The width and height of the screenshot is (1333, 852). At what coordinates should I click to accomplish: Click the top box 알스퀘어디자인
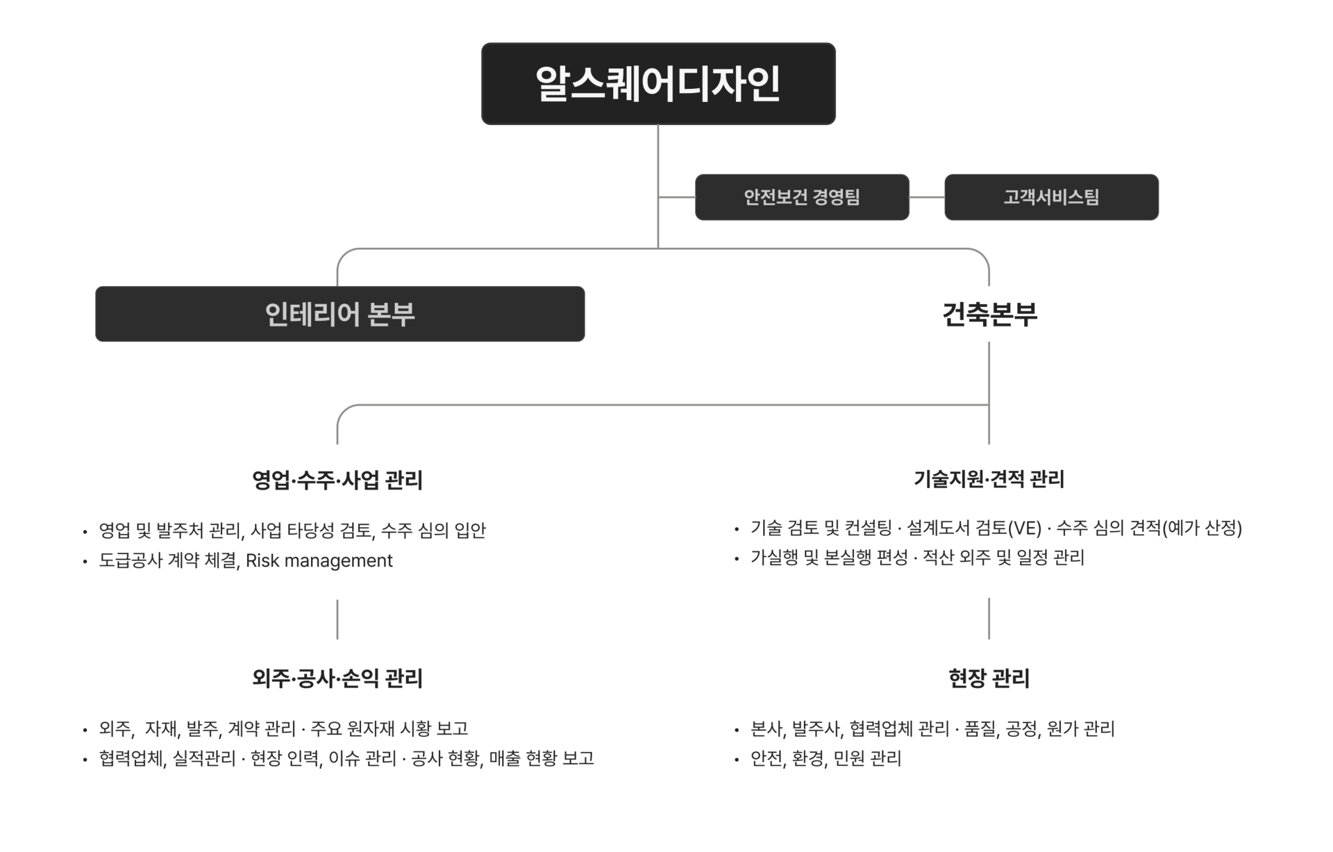pyautogui.click(x=658, y=84)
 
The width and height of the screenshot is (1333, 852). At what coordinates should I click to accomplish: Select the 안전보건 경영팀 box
pyautogui.click(x=802, y=197)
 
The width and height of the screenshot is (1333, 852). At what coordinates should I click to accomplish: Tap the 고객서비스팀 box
pyautogui.click(x=1051, y=197)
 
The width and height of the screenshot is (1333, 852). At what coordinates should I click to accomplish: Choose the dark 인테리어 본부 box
pyautogui.click(x=339, y=314)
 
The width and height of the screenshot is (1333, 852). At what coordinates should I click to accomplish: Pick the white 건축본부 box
pyautogui.click(x=989, y=314)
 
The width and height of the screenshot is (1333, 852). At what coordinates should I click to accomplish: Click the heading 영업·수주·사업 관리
pyautogui.click(x=337, y=480)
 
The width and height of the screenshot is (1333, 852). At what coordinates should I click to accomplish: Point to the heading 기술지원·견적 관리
pyautogui.click(x=989, y=478)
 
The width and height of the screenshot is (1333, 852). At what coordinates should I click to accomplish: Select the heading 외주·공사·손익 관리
pyautogui.click(x=337, y=678)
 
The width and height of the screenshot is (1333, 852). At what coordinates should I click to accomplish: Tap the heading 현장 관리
pyautogui.click(x=989, y=678)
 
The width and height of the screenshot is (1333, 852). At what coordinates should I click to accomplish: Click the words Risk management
pyautogui.click(x=319, y=560)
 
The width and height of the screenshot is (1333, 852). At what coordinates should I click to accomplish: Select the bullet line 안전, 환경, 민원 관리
pyautogui.click(x=825, y=758)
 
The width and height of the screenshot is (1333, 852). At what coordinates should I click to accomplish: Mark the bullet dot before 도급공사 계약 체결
pyautogui.click(x=85, y=561)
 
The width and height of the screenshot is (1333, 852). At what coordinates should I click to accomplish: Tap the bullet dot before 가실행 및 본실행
pyautogui.click(x=737, y=558)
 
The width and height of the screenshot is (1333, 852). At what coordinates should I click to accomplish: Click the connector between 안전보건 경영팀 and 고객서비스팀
pyautogui.click(x=927, y=197)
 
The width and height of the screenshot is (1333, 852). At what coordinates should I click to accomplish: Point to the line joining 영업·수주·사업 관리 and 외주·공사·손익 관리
pyautogui.click(x=337, y=619)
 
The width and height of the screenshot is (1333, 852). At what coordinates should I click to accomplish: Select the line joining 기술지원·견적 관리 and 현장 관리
pyautogui.click(x=989, y=618)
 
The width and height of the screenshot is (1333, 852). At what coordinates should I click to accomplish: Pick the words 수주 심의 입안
pyautogui.click(x=433, y=531)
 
